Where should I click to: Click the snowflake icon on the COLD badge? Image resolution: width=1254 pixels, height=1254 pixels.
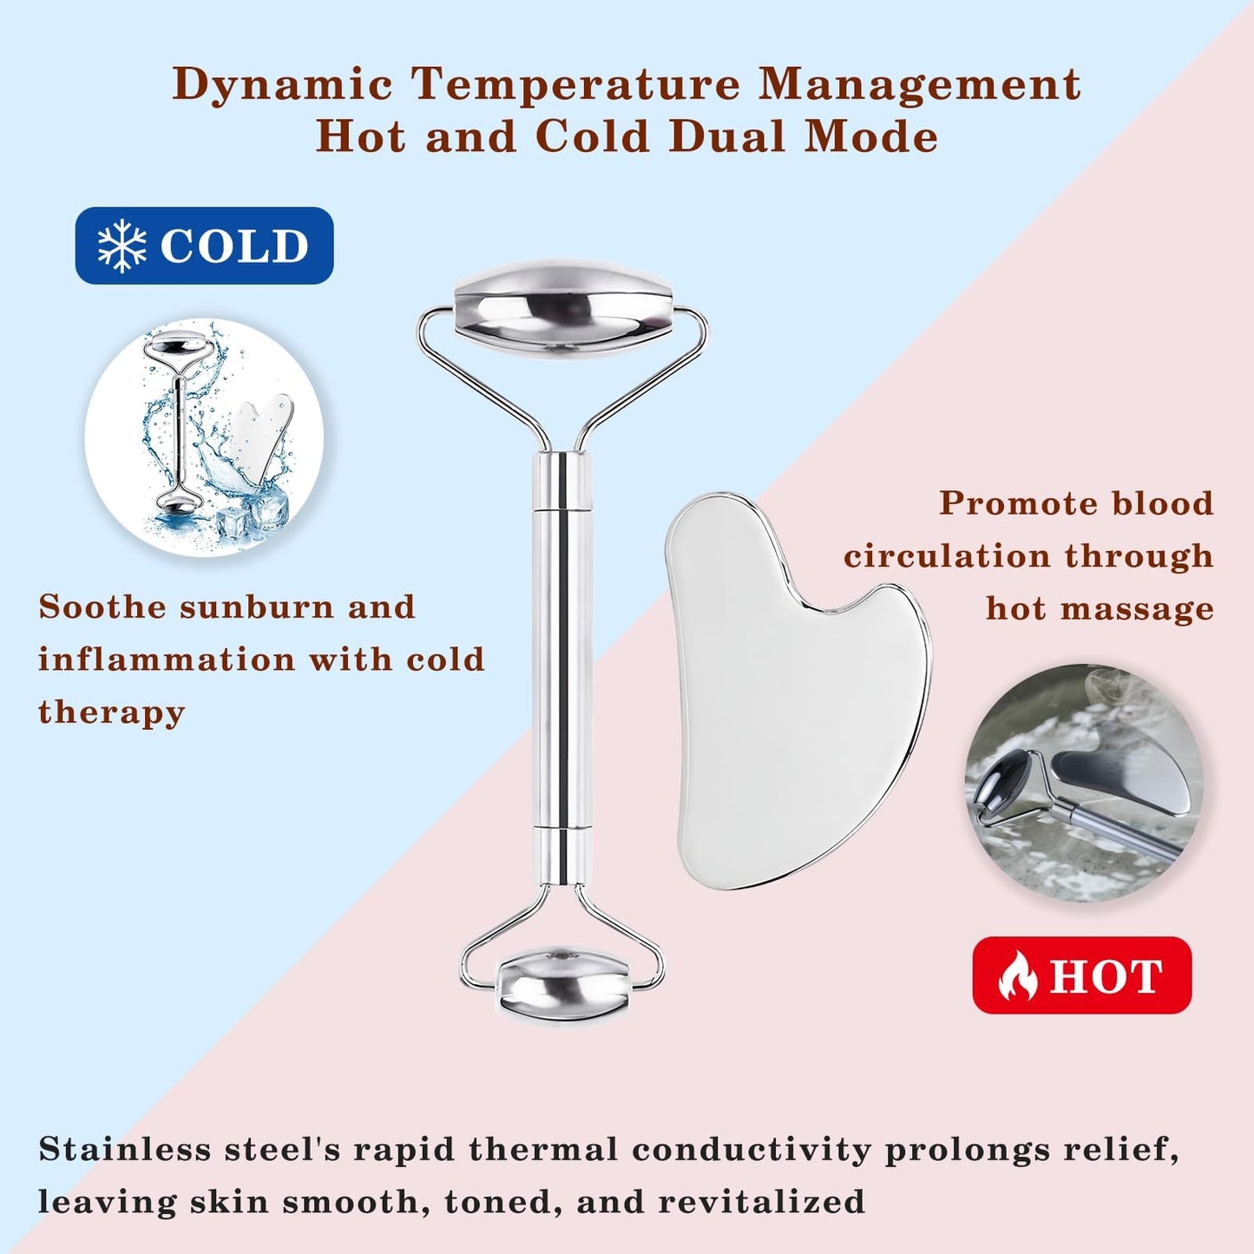121,246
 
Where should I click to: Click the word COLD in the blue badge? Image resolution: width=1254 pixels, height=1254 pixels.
234,246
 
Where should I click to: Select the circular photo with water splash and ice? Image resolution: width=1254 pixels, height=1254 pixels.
204,437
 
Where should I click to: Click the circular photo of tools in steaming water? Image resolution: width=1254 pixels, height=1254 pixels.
1083,783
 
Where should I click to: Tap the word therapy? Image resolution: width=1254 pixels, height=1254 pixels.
111,712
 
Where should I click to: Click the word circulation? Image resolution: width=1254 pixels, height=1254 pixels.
947,555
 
